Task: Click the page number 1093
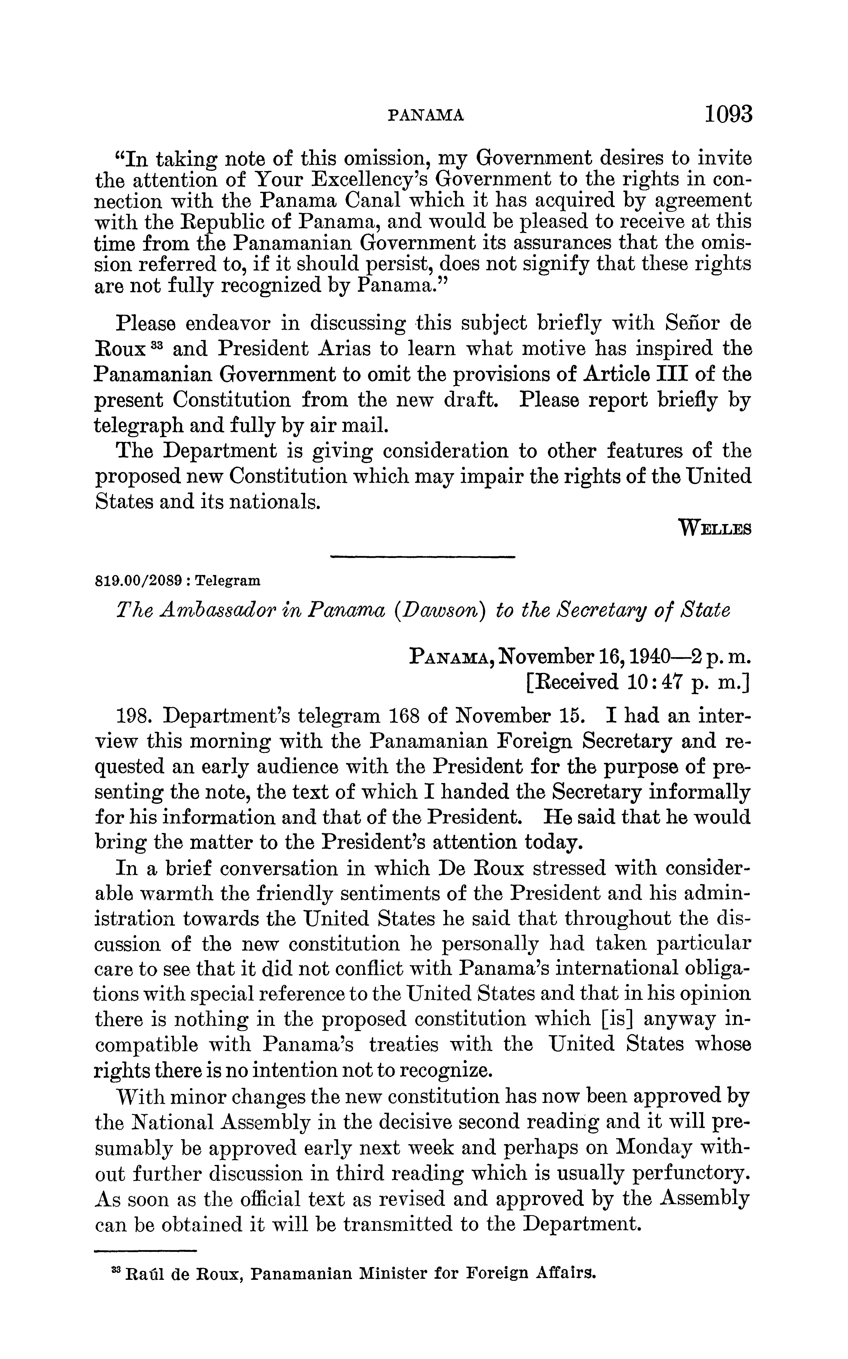coord(727,114)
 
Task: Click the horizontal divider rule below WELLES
coord(423,557)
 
